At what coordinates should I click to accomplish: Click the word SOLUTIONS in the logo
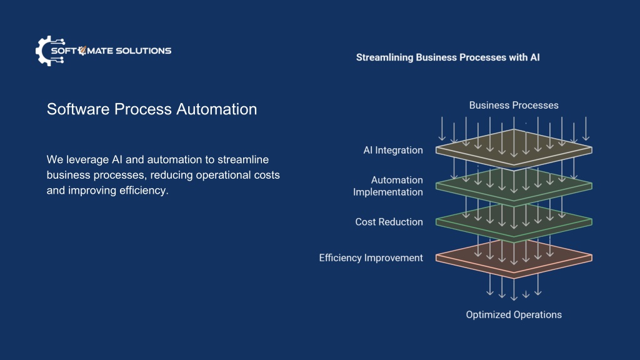tap(143, 51)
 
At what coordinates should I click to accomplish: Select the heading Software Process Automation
tap(152, 109)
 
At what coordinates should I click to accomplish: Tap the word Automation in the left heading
tap(217, 109)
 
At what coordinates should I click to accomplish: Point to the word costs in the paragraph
tap(266, 175)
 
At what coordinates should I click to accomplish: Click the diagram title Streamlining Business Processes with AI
tap(447, 57)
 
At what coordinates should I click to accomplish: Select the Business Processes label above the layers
tap(514, 105)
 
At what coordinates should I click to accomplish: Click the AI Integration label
tap(393, 150)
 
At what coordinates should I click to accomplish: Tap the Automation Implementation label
tap(388, 186)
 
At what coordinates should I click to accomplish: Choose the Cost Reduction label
tap(389, 222)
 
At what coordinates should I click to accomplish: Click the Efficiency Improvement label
tap(371, 258)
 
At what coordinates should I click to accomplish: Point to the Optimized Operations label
tap(514, 315)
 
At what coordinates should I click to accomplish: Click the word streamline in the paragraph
tap(243, 159)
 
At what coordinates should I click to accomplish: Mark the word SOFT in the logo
tap(64, 51)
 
